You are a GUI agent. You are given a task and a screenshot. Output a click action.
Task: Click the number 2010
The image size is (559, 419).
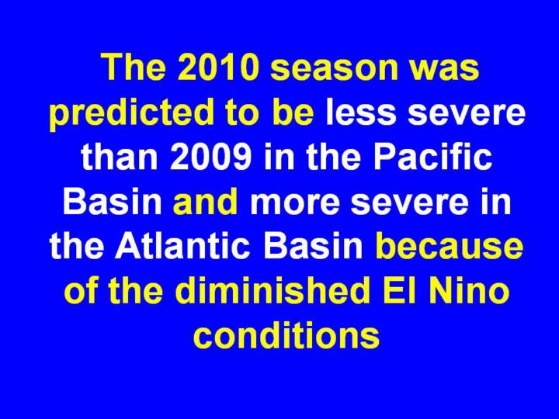[217, 68]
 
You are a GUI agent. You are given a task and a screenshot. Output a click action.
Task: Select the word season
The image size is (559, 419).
[334, 71]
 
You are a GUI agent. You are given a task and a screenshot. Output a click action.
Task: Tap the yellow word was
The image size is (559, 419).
[445, 71]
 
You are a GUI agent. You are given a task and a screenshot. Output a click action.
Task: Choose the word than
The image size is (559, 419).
[120, 157]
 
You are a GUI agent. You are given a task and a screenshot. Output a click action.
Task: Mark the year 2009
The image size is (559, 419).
[210, 157]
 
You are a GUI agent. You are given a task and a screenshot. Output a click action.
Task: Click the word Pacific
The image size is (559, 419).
[432, 157]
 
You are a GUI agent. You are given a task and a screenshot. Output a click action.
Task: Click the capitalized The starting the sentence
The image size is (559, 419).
[134, 68]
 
